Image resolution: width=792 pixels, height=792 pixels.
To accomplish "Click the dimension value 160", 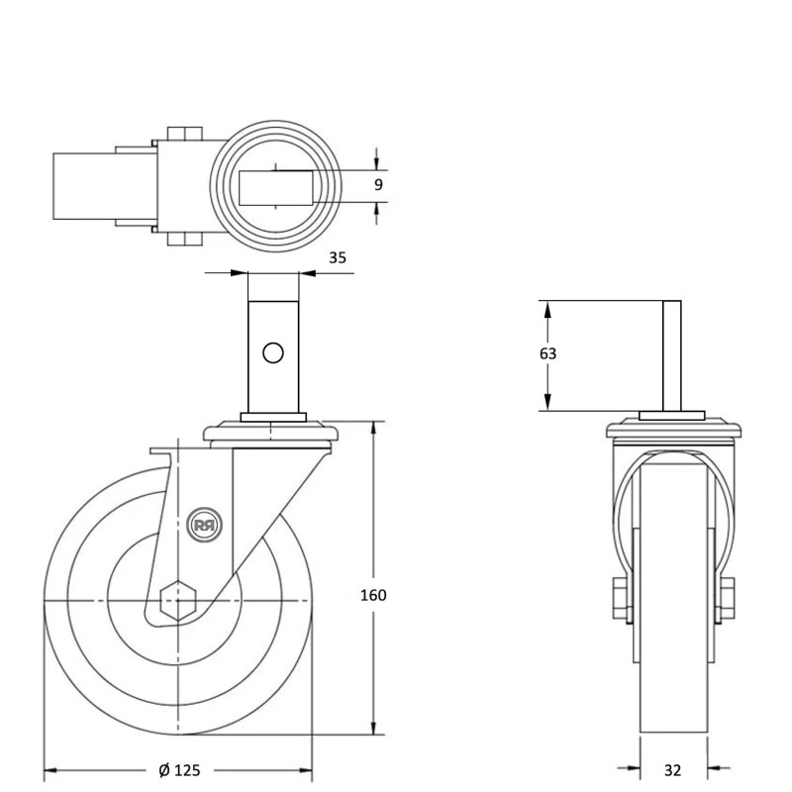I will (374, 595).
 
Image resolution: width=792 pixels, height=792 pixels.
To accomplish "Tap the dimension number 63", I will (547, 353).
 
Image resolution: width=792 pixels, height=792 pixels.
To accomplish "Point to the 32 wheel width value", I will (672, 770).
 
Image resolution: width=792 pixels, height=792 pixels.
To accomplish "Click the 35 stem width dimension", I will (338, 257).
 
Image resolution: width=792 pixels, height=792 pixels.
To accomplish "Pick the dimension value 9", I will (378, 184).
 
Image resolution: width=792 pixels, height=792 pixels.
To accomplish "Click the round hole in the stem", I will (273, 351).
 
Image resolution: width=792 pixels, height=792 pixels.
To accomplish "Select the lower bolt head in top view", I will (183, 239).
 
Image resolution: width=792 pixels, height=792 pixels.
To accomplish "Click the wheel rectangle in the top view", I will (84, 185).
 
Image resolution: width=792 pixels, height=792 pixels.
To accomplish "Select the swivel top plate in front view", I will (672, 429).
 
